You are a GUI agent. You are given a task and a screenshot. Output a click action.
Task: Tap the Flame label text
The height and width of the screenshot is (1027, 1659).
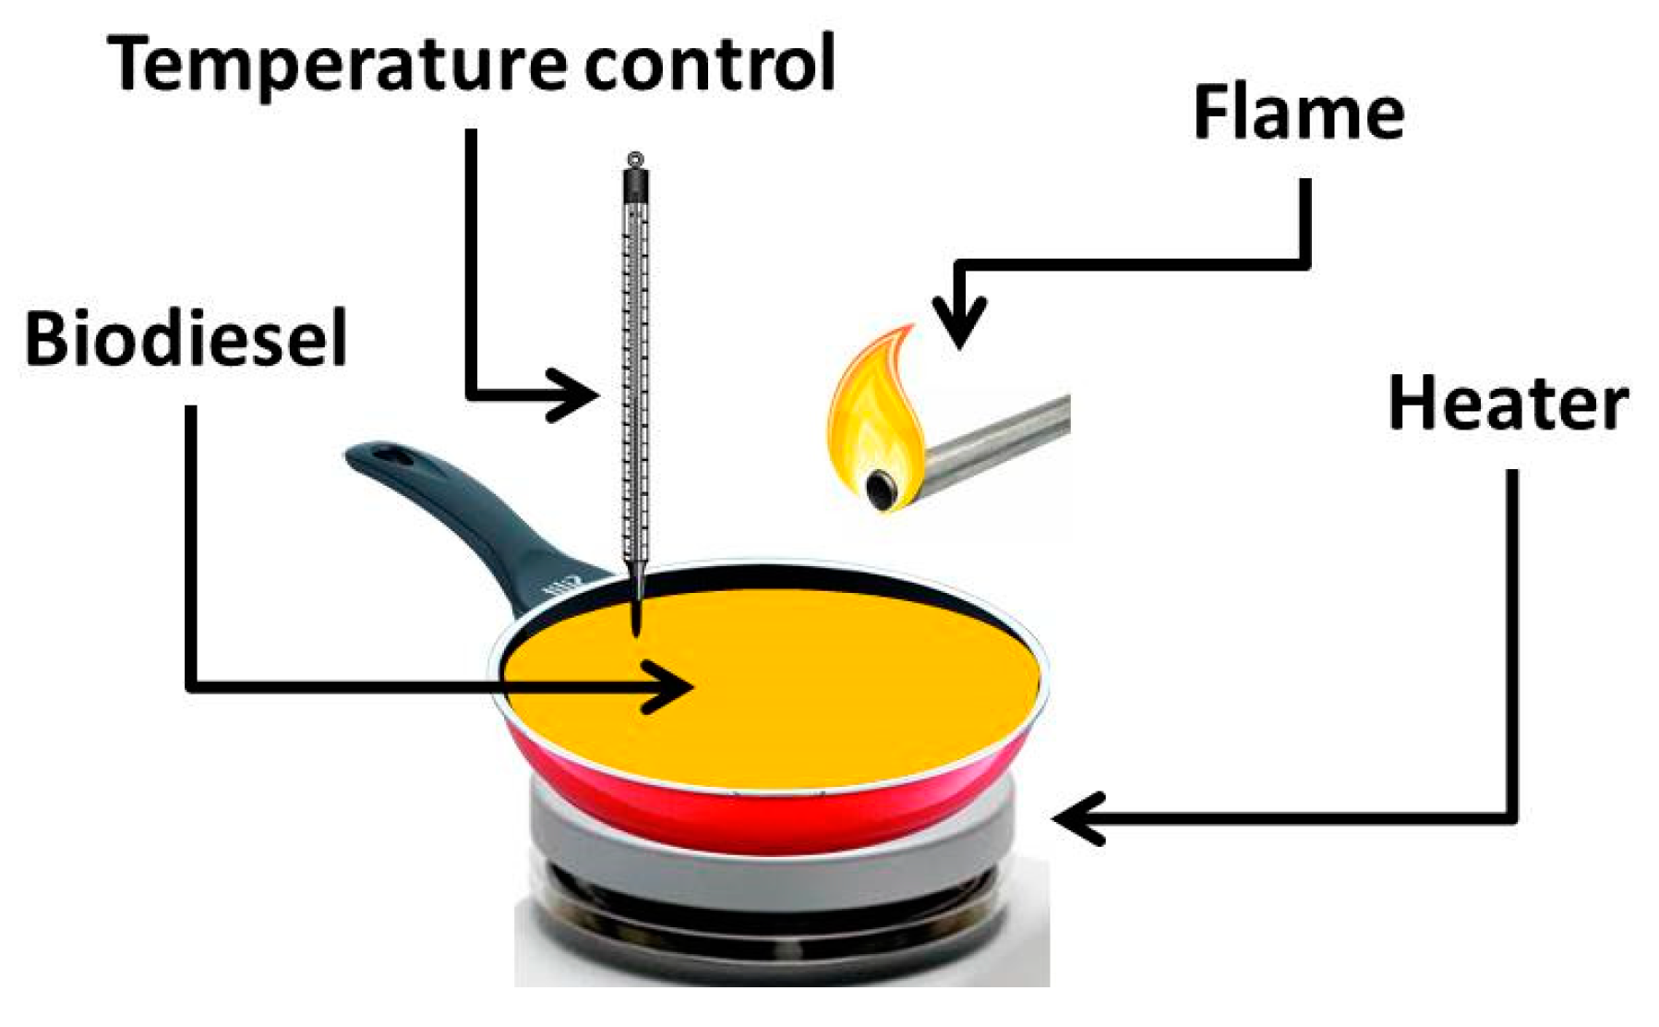pyautogui.click(x=1298, y=113)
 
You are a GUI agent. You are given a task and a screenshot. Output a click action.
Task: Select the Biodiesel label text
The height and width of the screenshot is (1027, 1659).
pyautogui.click(x=186, y=339)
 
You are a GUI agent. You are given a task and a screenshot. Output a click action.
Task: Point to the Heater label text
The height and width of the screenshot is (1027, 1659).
pyautogui.click(x=1508, y=404)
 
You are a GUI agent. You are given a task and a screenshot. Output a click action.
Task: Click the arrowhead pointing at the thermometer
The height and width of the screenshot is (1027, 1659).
pyautogui.click(x=577, y=395)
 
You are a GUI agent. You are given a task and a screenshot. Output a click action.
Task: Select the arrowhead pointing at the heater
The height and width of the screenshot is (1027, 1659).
pyautogui.click(x=1076, y=818)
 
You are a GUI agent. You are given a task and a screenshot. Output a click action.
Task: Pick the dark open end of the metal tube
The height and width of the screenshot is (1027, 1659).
pyautogui.click(x=882, y=487)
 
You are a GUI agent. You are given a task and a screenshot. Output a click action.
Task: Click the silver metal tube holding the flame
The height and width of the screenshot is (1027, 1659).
pyautogui.click(x=997, y=443)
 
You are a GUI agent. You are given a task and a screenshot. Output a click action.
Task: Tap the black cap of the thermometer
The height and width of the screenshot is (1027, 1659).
pyautogui.click(x=635, y=185)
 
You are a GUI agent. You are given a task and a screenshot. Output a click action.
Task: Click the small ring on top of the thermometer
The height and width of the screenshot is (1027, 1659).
pyautogui.click(x=634, y=160)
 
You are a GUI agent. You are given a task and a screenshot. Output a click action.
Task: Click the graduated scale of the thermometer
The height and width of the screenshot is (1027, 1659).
pyautogui.click(x=635, y=369)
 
